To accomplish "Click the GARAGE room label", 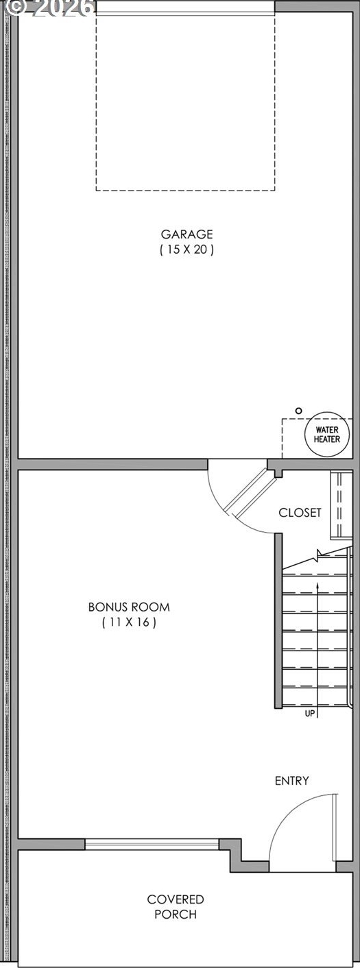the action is point(187,234).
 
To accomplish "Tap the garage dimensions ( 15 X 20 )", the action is point(187,250).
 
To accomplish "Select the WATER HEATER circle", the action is point(327,435).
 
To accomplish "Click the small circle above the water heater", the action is point(299,411).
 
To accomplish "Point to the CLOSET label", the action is point(300,513).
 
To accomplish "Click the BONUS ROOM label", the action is point(129,607).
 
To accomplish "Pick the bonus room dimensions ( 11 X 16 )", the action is point(129,622).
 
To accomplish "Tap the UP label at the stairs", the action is point(310,713).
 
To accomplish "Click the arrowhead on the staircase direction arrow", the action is point(317,585).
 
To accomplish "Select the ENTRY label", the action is point(291,780).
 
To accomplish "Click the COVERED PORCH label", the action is point(175,906).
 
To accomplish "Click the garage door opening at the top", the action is point(185,8).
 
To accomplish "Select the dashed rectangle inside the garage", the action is point(185,191).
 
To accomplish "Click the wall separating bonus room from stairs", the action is point(279,620).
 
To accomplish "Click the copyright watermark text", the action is point(47,8).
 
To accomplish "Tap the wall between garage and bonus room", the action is point(112,463).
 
